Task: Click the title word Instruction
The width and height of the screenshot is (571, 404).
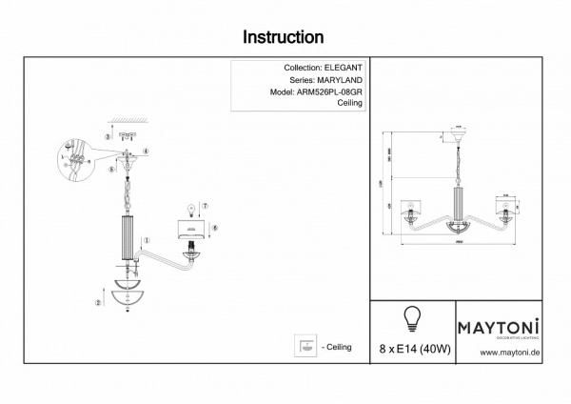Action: pyautogui.click(x=284, y=37)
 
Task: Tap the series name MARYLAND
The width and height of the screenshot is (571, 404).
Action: pyautogui.click(x=344, y=82)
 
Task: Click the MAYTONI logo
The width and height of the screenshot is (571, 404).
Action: pyautogui.click(x=501, y=327)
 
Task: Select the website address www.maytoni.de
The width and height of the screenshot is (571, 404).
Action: pyautogui.click(x=510, y=353)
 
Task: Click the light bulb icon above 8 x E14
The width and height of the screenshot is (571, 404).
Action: pyautogui.click(x=413, y=317)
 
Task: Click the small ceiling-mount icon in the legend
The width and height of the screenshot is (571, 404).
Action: pyautogui.click(x=306, y=346)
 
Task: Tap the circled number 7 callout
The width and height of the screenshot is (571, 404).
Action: pyautogui.click(x=206, y=207)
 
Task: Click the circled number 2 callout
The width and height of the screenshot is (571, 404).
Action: pyautogui.click(x=98, y=303)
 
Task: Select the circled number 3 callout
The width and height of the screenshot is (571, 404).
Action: pyautogui.click(x=108, y=137)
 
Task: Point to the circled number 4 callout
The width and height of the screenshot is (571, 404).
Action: pyautogui.click(x=146, y=152)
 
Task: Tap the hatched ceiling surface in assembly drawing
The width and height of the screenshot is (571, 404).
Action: pyautogui.click(x=124, y=121)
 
